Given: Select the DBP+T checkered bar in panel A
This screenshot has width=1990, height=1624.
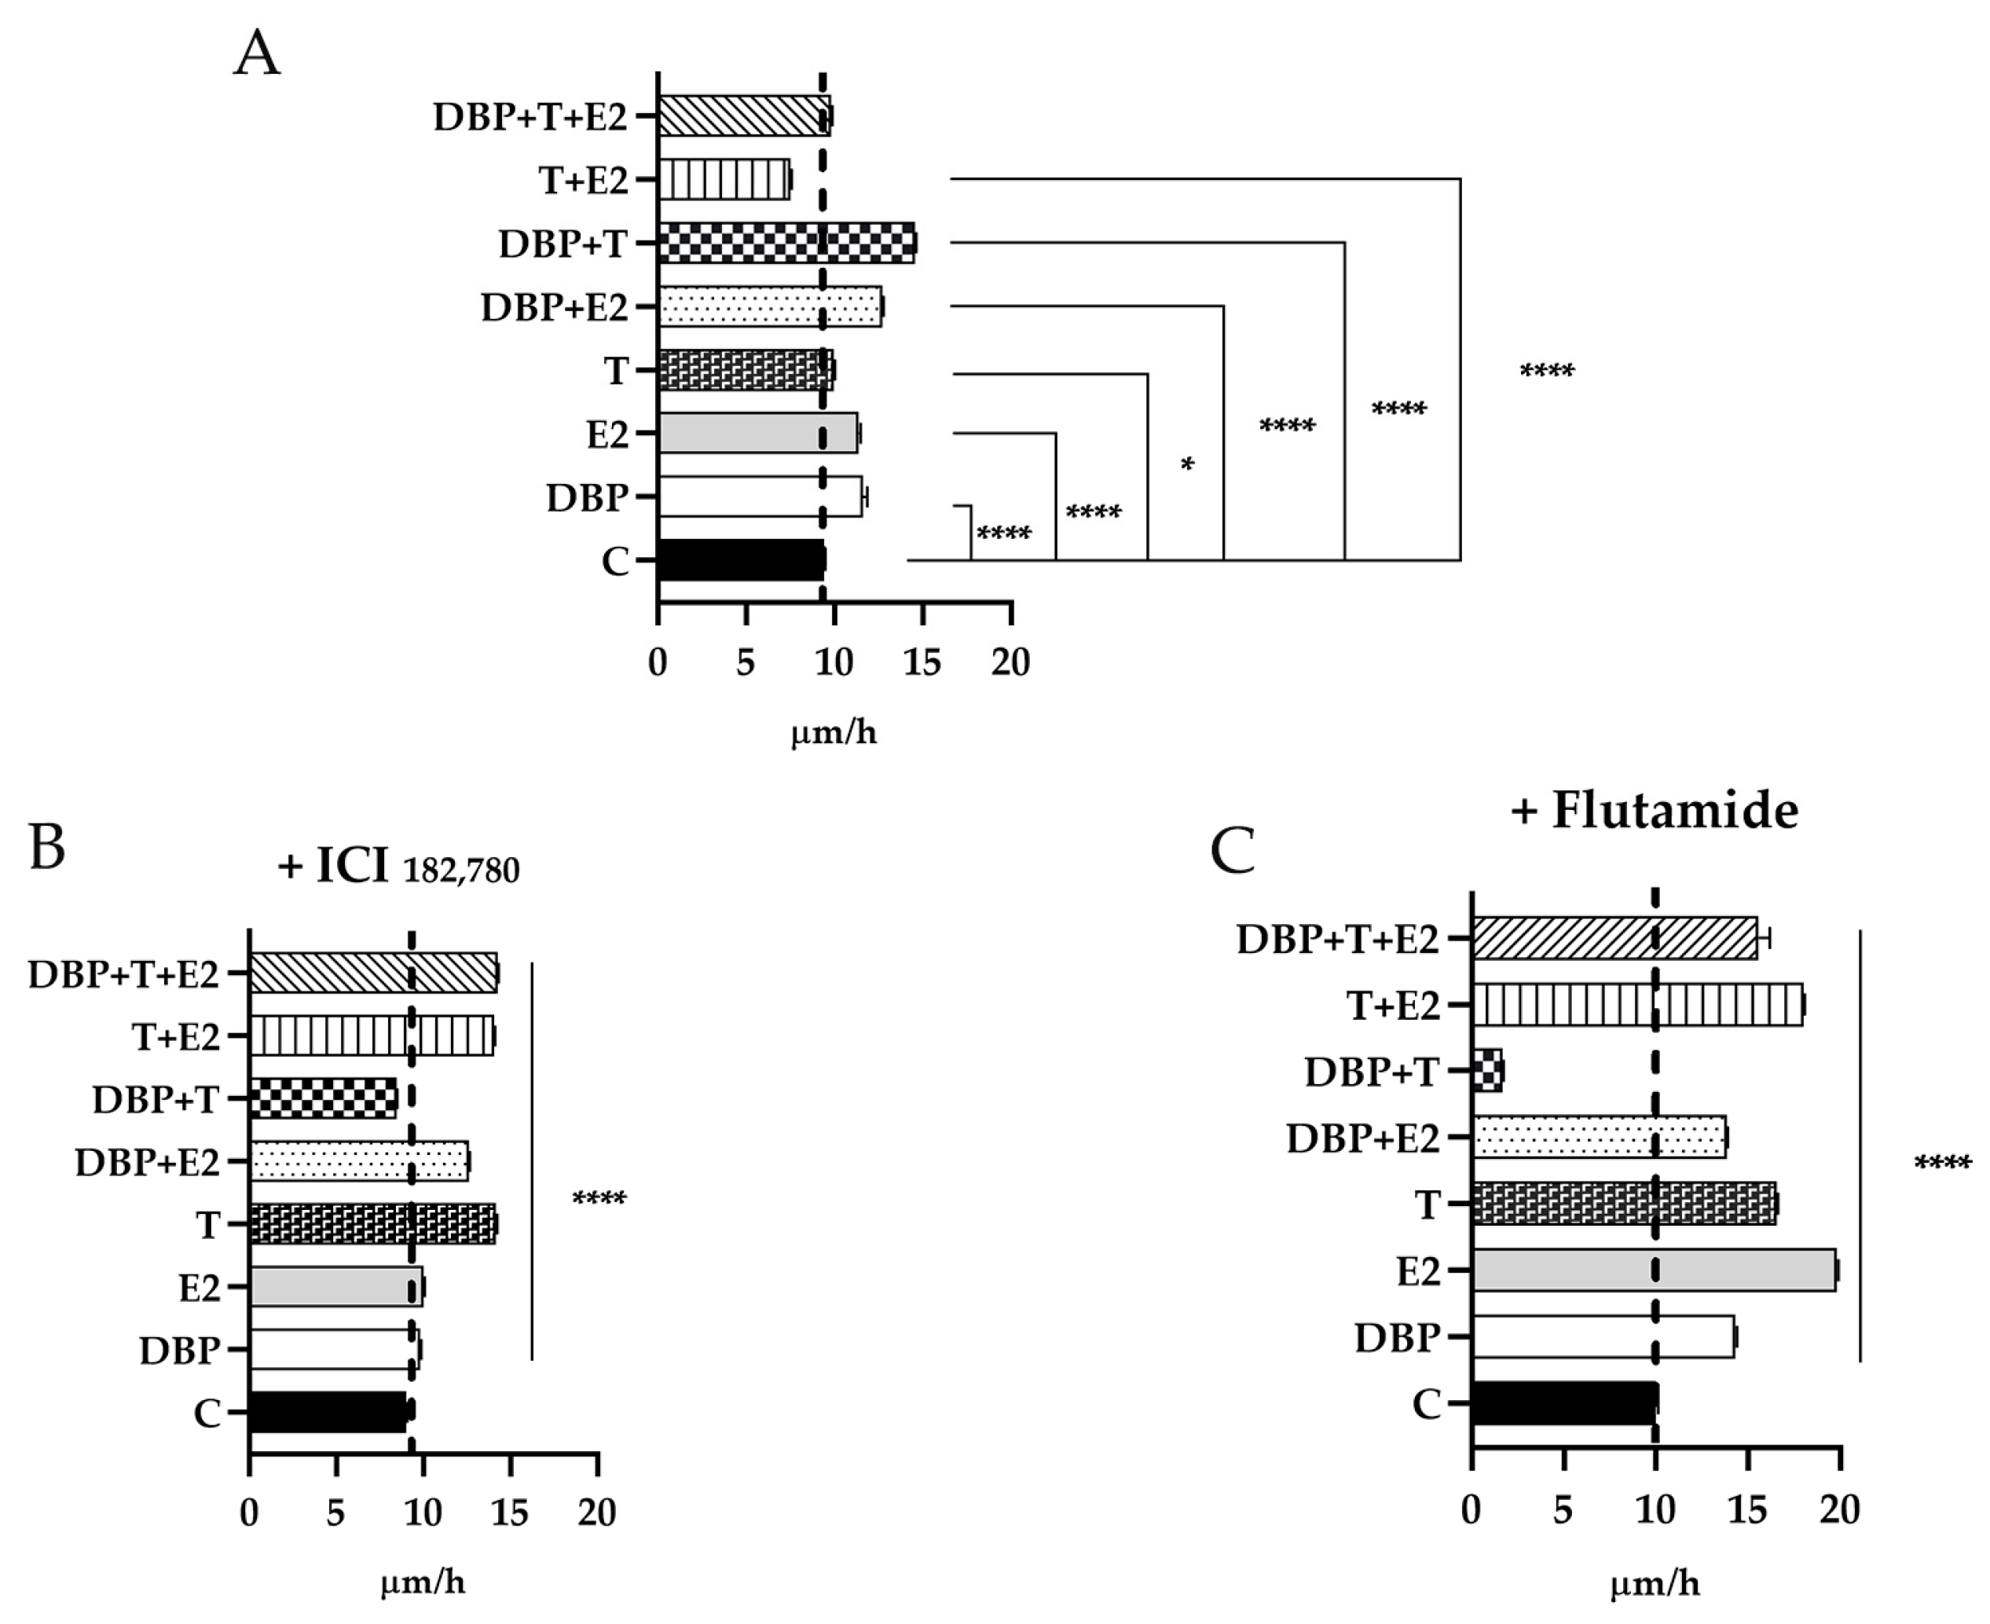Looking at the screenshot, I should (786, 244).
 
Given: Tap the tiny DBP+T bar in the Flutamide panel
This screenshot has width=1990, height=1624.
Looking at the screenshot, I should (1486, 1070).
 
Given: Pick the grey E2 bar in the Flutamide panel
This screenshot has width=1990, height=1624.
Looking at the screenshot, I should (1653, 1270).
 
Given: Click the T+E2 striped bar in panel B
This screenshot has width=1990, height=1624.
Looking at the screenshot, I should (371, 1036).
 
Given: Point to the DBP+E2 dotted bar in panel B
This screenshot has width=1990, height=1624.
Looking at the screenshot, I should (358, 1161).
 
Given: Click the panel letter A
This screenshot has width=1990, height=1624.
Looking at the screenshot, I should (256, 54).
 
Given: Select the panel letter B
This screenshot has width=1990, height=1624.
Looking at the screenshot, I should (47, 847).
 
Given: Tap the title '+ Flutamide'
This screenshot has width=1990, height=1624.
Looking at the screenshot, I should (1653, 810).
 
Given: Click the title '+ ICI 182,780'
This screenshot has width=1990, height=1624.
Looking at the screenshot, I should (398, 867).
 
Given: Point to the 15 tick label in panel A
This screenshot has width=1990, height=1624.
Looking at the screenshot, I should (922, 662).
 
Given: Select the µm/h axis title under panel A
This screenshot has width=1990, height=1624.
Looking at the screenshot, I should (834, 732).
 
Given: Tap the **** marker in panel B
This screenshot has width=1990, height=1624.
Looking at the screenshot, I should (599, 1198).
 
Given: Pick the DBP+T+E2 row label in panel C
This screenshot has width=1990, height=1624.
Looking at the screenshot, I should (1337, 939).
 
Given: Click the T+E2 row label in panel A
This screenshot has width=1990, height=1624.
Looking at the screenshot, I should (583, 180).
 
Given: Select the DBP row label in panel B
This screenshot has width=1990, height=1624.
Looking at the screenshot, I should (180, 1350).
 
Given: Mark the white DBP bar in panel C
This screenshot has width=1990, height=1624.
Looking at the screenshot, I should (1602, 1336).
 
